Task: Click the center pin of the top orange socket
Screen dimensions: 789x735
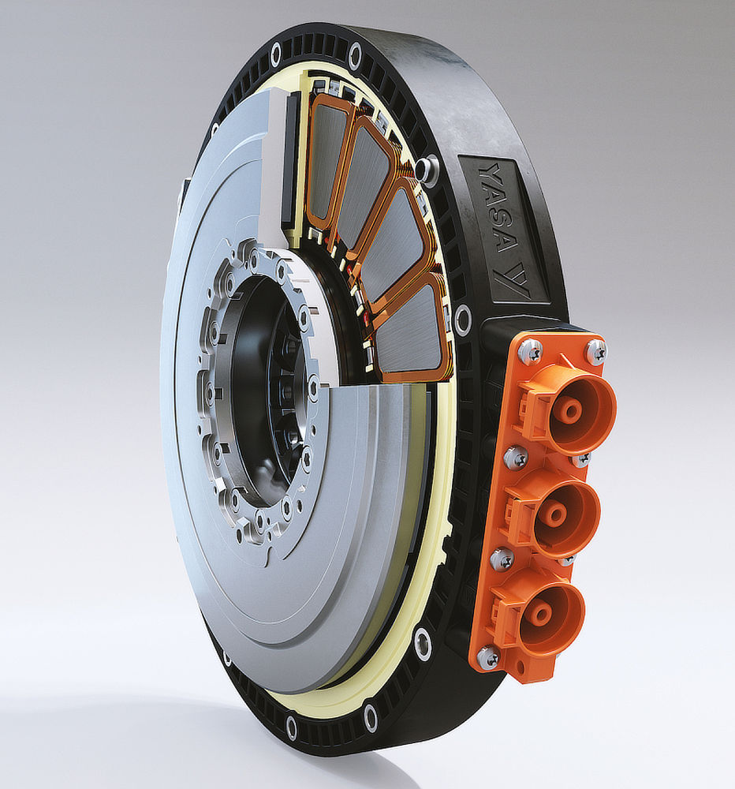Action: tap(573, 409)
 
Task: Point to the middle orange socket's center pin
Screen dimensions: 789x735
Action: tap(556, 512)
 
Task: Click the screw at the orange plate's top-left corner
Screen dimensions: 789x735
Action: tap(530, 347)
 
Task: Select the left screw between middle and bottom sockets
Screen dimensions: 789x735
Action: tap(501, 559)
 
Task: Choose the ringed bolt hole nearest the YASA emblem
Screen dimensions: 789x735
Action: tap(463, 320)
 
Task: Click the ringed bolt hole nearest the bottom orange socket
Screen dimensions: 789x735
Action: tap(423, 644)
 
